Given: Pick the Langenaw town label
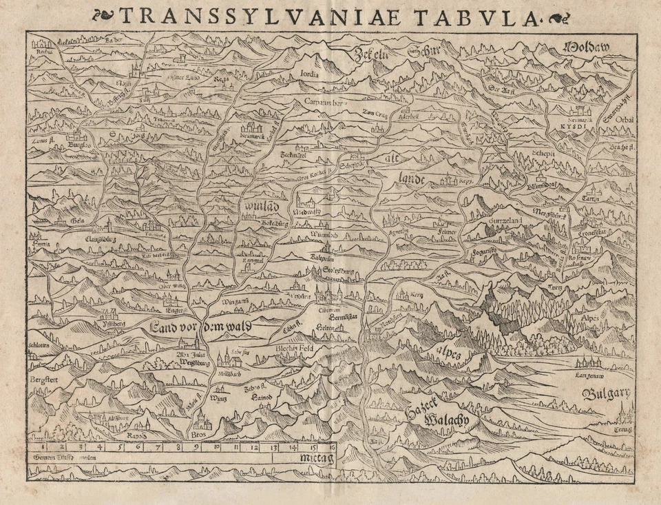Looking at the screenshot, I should pos(590,375).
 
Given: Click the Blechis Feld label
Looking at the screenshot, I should pos(295,349).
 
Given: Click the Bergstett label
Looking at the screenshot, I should pos(43,380).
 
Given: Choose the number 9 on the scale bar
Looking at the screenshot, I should pos(197,447).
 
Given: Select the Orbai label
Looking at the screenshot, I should pos(625,119).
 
